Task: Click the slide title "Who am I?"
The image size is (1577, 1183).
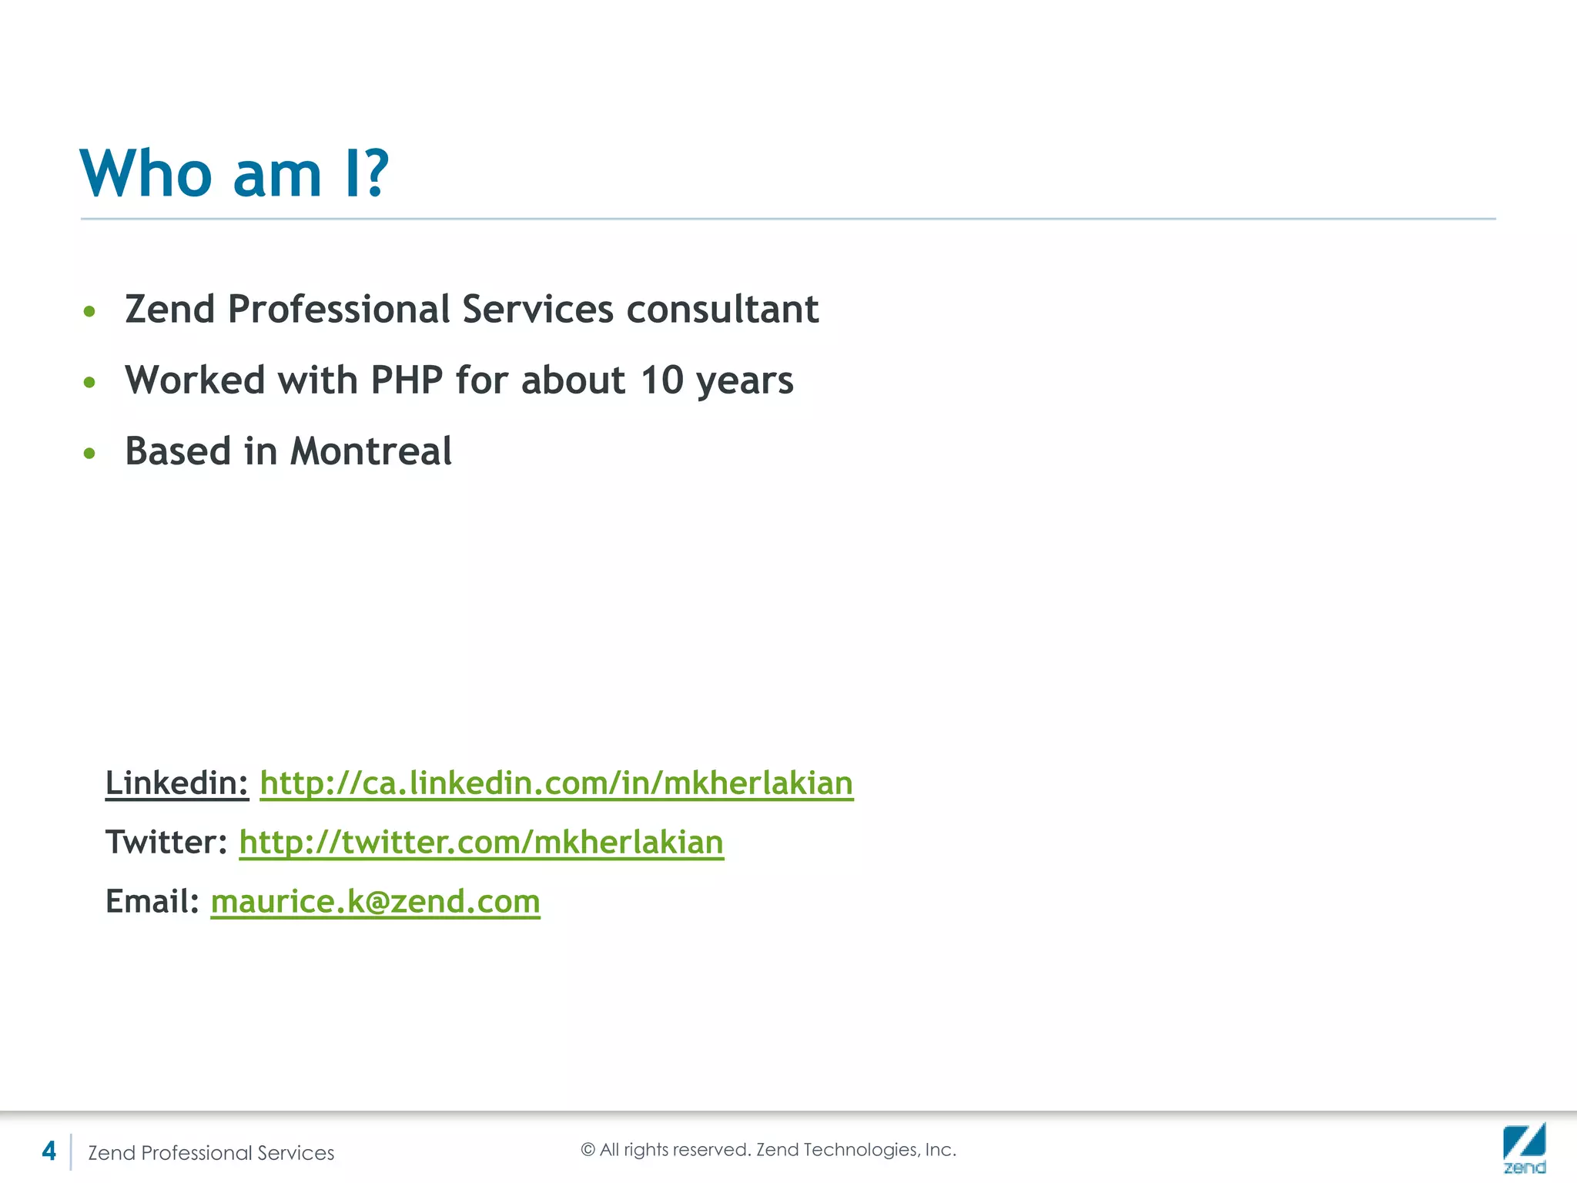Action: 235,173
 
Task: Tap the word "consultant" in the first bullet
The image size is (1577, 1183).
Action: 722,310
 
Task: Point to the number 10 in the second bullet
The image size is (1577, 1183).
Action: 661,380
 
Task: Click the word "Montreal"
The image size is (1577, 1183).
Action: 371,451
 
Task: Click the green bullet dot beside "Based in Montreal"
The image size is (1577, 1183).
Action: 89,454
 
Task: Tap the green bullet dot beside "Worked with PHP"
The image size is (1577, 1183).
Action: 89,382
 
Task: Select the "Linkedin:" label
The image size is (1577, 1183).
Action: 177,783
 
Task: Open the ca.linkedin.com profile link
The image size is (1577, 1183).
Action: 556,783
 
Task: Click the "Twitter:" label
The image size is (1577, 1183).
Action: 166,843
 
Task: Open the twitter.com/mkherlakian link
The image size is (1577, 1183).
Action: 481,843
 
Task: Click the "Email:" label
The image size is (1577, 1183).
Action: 152,902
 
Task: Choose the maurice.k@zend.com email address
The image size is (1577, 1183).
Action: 375,902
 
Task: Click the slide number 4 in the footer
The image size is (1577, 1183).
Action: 49,1151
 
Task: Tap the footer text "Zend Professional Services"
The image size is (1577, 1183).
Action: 211,1153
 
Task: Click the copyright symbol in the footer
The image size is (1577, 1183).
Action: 588,1150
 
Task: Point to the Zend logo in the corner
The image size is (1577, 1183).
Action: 1524,1148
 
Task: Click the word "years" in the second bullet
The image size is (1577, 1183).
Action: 744,380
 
